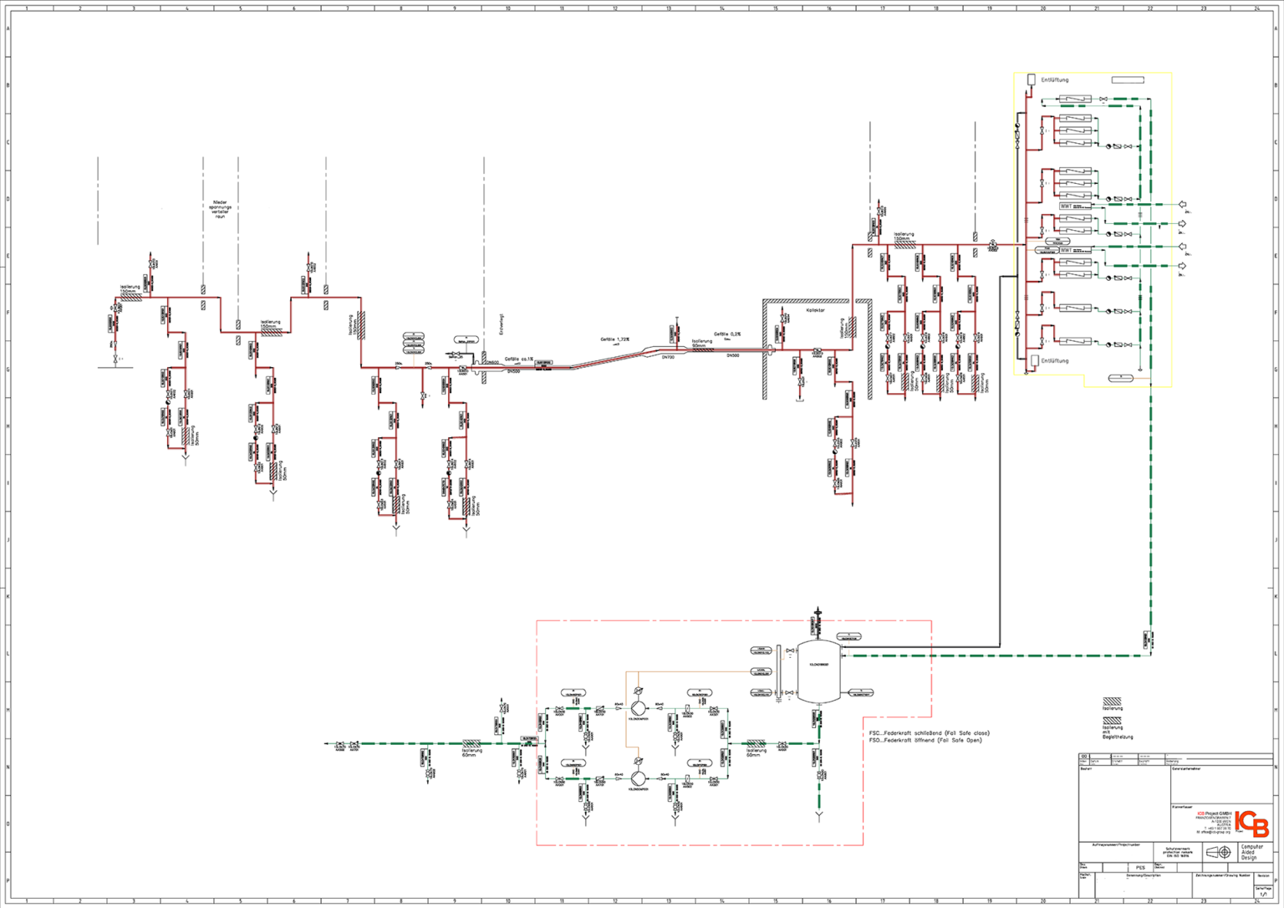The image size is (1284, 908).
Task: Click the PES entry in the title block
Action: [x=1140, y=868]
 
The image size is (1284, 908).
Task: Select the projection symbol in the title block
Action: [x=1218, y=852]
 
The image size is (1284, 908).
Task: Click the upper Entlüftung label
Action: [x=1054, y=80]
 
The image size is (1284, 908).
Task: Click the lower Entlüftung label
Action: [x=1054, y=361]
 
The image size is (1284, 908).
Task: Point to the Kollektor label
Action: [x=815, y=310]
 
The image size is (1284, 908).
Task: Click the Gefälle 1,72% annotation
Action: [x=614, y=339]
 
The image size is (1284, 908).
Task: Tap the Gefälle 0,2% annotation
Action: [x=726, y=334]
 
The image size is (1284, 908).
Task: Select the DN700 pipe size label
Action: [x=668, y=357]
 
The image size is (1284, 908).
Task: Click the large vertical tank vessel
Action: [x=818, y=671]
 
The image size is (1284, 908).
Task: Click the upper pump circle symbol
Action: [x=639, y=708]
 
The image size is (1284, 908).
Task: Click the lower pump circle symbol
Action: [x=639, y=778]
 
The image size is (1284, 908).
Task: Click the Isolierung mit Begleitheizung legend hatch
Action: [x=1112, y=720]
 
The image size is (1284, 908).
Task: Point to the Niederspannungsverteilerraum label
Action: [x=220, y=209]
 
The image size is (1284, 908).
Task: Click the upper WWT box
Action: [x=1066, y=206]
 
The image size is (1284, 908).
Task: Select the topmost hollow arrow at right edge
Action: [x=1182, y=204]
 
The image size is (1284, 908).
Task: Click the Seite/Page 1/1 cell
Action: [x=1262, y=892]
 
